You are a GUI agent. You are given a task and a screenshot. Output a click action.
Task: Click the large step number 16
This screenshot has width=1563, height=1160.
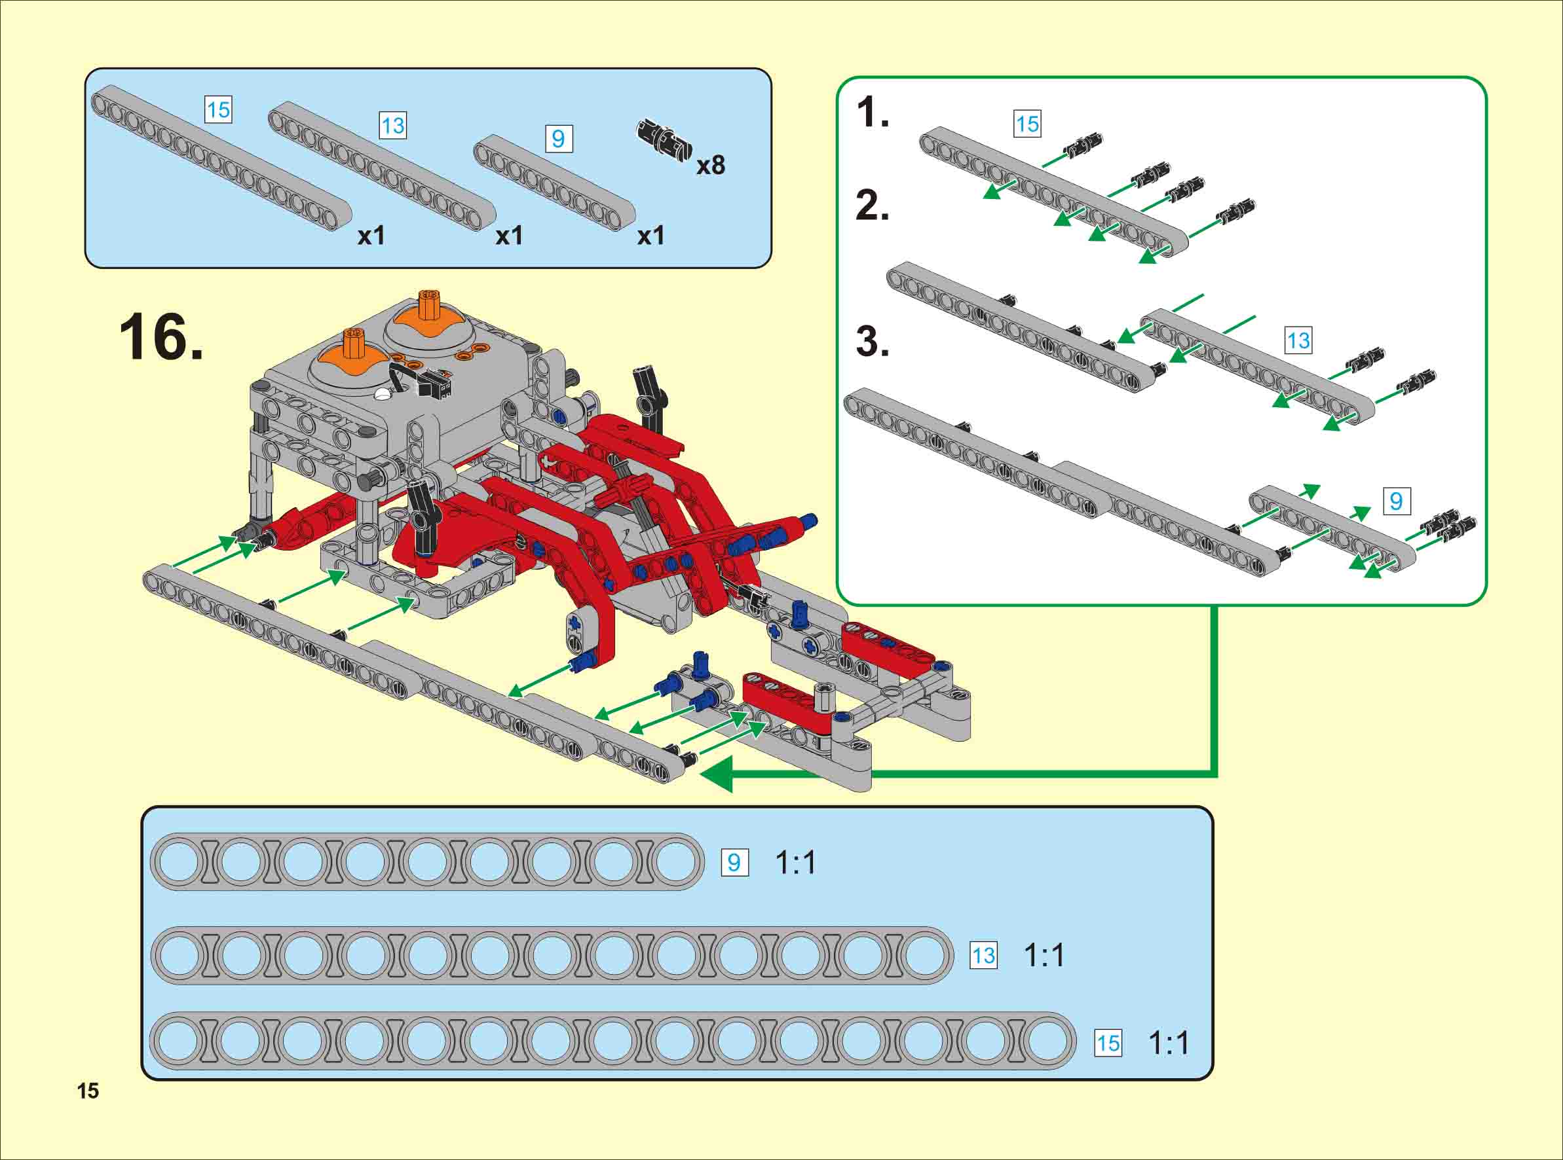pyautogui.click(x=161, y=338)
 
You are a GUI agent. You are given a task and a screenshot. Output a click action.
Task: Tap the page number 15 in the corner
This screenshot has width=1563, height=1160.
pyautogui.click(x=88, y=1091)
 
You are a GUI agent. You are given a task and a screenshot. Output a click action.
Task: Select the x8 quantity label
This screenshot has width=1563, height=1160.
pyautogui.click(x=710, y=166)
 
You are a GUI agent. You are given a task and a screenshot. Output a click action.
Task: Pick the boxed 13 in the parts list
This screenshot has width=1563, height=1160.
pyautogui.click(x=392, y=126)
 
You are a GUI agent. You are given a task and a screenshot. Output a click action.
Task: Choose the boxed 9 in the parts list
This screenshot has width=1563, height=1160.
pyautogui.click(x=559, y=138)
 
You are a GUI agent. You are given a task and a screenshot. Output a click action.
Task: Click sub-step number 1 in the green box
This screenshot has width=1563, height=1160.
pyautogui.click(x=873, y=113)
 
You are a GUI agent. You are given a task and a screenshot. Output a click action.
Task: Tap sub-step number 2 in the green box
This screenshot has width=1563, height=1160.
pyautogui.click(x=873, y=206)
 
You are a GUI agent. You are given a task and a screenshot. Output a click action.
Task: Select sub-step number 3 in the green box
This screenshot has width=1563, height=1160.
pyautogui.click(x=873, y=342)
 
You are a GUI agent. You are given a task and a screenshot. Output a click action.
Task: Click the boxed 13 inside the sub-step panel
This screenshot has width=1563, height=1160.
pyautogui.click(x=1298, y=340)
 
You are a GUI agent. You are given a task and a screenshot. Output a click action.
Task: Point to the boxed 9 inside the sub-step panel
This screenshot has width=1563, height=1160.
pyautogui.click(x=1397, y=501)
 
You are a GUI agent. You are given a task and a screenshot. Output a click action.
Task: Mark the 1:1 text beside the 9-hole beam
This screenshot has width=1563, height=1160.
pyautogui.click(x=795, y=862)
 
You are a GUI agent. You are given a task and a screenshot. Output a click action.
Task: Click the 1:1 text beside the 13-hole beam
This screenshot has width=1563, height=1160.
pyautogui.click(x=1044, y=955)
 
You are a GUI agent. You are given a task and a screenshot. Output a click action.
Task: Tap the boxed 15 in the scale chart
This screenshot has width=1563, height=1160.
pyautogui.click(x=1108, y=1043)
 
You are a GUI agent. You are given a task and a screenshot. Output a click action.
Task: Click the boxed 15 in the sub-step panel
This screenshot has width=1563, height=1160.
pyautogui.click(x=1027, y=124)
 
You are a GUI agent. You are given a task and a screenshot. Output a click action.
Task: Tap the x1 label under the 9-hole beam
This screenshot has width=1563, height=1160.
pyautogui.click(x=650, y=236)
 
